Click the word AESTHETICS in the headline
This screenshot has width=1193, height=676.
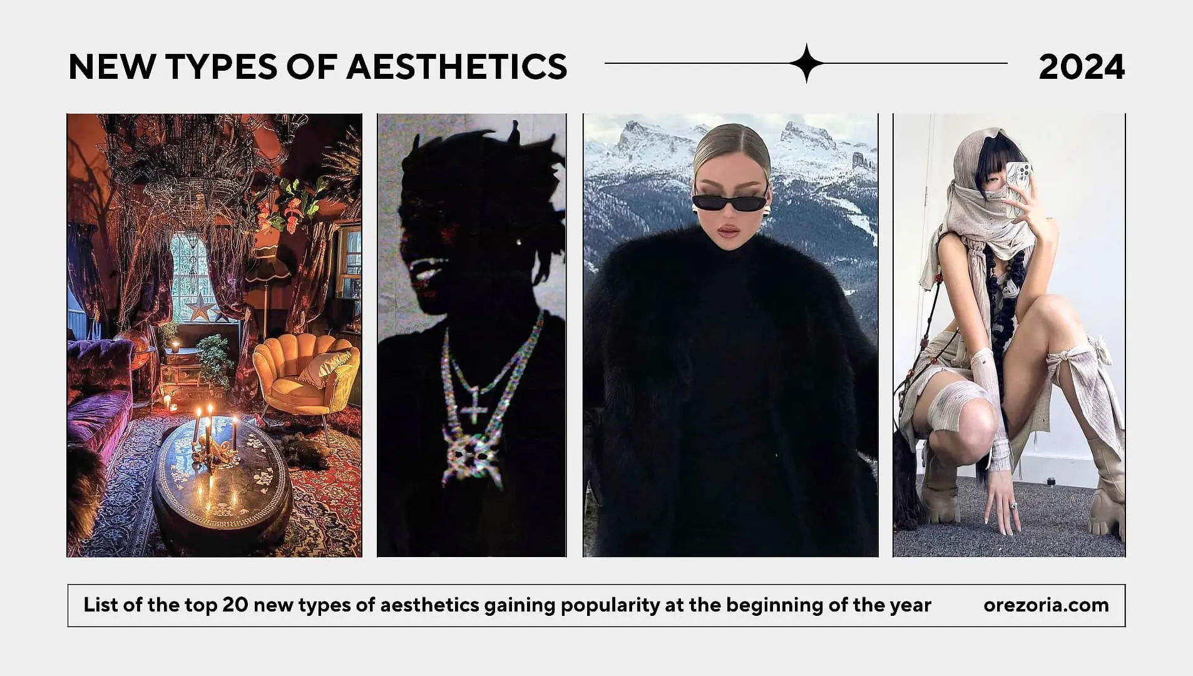click(x=457, y=66)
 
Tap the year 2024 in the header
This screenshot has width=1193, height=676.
click(x=1082, y=66)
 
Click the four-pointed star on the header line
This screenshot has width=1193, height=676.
click(x=807, y=63)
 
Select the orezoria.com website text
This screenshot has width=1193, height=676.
click(x=1046, y=605)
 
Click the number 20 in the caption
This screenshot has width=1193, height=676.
click(x=235, y=605)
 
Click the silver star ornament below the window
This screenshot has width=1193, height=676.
click(x=200, y=307)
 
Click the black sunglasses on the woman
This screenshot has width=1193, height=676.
click(x=729, y=202)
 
